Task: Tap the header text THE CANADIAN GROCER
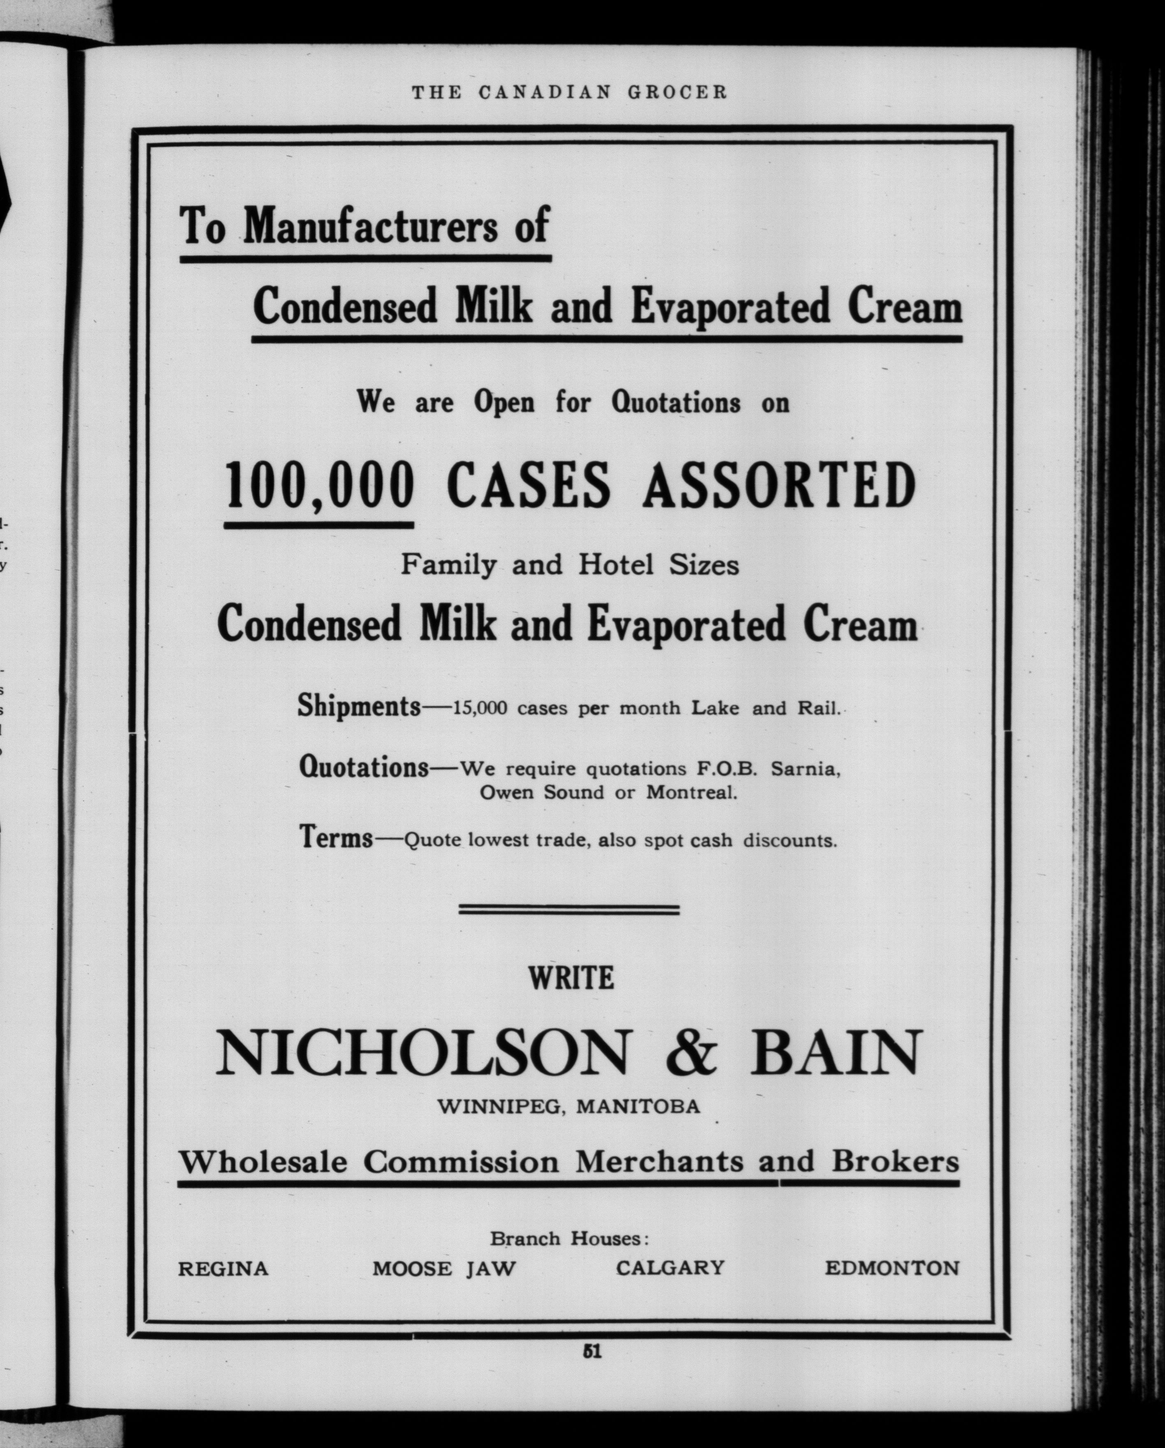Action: [569, 92]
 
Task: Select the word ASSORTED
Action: [779, 485]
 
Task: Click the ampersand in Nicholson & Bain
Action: [692, 1053]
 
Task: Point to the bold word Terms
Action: [336, 838]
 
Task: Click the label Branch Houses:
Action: [569, 1238]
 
